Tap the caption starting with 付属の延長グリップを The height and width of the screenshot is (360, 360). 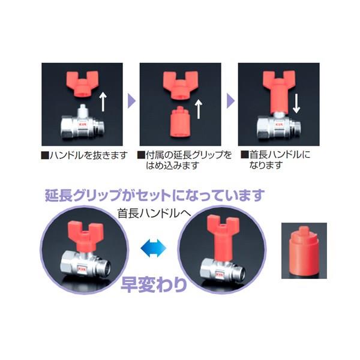[185, 160]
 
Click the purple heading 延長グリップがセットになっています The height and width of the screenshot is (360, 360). [155, 195]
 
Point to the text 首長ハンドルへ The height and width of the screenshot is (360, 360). [154, 213]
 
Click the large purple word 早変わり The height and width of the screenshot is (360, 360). [154, 284]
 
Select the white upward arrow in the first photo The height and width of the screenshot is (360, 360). [103, 101]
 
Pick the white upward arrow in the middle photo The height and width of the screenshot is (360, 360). [199, 109]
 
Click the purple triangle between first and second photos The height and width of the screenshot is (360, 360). [131, 101]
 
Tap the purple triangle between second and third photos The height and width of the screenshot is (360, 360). [230, 101]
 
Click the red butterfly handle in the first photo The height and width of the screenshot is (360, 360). [82, 83]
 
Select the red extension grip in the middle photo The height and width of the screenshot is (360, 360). [179, 122]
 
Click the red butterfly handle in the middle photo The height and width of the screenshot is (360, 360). [180, 85]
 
